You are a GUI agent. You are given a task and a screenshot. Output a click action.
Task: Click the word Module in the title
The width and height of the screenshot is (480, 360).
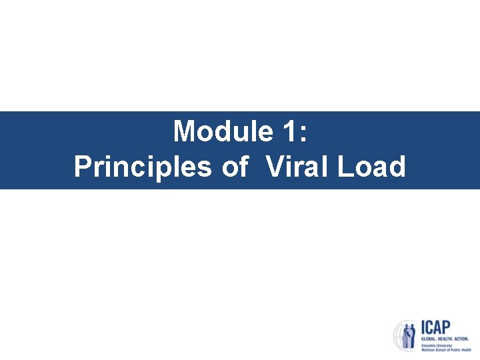pos(221,131)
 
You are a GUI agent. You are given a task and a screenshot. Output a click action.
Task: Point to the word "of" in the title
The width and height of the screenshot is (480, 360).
pos(235,167)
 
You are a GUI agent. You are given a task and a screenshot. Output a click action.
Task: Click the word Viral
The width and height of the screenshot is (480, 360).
pos(297,167)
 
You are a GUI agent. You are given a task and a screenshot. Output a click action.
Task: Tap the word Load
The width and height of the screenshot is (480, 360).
pos(371,167)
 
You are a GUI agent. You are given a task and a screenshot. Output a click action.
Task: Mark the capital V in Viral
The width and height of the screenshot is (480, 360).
pos(275,167)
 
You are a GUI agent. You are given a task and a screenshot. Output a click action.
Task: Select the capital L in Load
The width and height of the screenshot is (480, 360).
pos(345,167)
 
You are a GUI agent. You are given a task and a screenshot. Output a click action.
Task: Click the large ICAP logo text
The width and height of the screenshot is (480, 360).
pos(435,328)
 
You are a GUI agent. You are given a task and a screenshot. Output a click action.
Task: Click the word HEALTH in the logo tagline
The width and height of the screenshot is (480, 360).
pos(446,339)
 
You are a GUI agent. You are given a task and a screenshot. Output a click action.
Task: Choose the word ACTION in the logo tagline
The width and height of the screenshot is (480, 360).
pos(462,339)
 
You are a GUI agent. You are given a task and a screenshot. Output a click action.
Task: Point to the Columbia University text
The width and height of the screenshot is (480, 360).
pos(435,345)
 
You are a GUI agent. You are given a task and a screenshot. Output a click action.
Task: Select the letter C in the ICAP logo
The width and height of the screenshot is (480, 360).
pos(429,328)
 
